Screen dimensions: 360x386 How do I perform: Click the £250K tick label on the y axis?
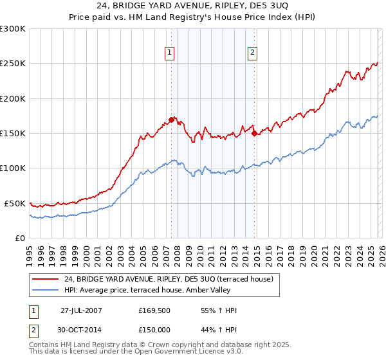[13, 64]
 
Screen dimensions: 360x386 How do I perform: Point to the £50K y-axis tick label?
[15, 203]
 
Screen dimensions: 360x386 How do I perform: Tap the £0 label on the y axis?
[20, 238]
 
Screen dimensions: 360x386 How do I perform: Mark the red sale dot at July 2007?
[172, 119]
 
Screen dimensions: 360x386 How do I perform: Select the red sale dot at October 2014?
[254, 133]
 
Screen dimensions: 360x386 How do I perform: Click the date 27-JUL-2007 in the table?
[81, 310]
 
